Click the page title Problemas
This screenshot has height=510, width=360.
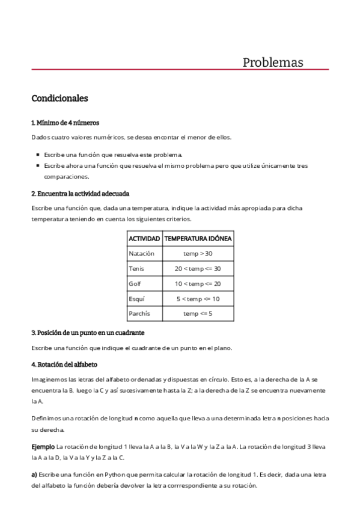pyautogui.click(x=273, y=63)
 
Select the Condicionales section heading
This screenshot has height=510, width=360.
pyautogui.click(x=59, y=97)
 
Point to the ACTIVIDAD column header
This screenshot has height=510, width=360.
pyautogui.click(x=144, y=239)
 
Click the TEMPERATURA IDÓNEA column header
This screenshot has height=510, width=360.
pyautogui.click(x=198, y=239)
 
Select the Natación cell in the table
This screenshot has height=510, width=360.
pyautogui.click(x=141, y=254)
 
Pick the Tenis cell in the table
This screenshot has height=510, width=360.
pyautogui.click(x=136, y=268)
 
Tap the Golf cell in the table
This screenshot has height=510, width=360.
pyautogui.click(x=135, y=283)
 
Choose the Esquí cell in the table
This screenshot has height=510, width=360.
pyautogui.click(x=136, y=298)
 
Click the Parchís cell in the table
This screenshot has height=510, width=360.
pyautogui.click(x=139, y=313)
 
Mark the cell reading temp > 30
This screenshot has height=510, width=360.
pyautogui.click(x=198, y=254)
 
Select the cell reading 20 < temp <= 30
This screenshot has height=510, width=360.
pyautogui.click(x=198, y=268)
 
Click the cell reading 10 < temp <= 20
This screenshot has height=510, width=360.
pyautogui.click(x=198, y=283)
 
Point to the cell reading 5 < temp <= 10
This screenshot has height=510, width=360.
pyautogui.click(x=198, y=298)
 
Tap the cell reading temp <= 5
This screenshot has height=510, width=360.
pyautogui.click(x=198, y=313)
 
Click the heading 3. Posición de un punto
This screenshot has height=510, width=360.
pyautogui.click(x=87, y=333)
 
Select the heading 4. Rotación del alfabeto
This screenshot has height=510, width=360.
pyautogui.click(x=64, y=364)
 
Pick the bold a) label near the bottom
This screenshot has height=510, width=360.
pyautogui.click(x=34, y=475)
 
